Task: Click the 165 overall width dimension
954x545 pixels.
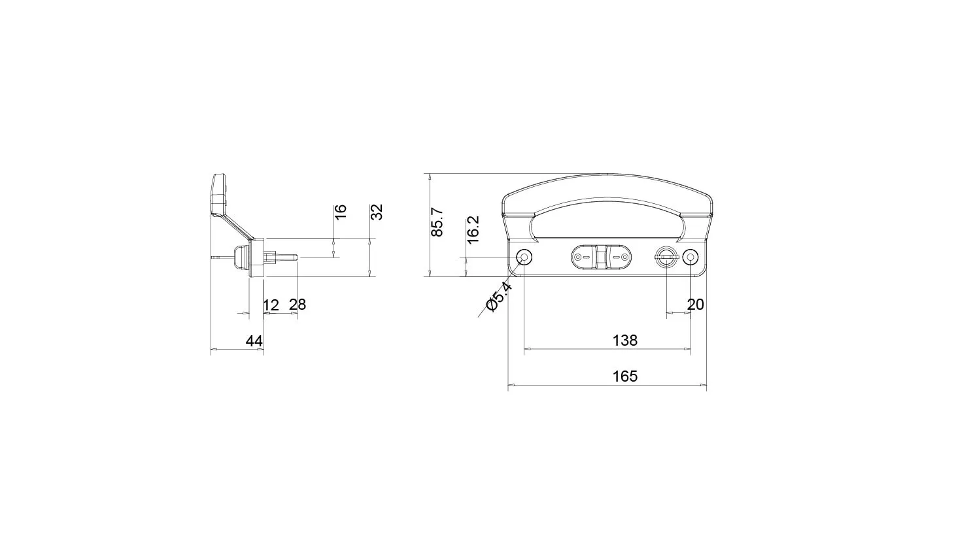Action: (x=625, y=376)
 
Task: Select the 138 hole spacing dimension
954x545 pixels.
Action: (x=625, y=340)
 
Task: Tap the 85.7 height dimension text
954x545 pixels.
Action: (x=437, y=222)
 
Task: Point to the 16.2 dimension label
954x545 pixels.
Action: (x=473, y=229)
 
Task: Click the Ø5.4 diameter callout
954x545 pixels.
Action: (x=499, y=296)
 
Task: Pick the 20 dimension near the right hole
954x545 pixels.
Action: (x=695, y=305)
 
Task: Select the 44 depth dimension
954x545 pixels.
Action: (x=254, y=341)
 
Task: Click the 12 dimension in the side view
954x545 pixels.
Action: (x=271, y=305)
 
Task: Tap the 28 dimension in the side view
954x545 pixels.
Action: (x=298, y=305)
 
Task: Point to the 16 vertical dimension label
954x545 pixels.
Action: (x=341, y=212)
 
